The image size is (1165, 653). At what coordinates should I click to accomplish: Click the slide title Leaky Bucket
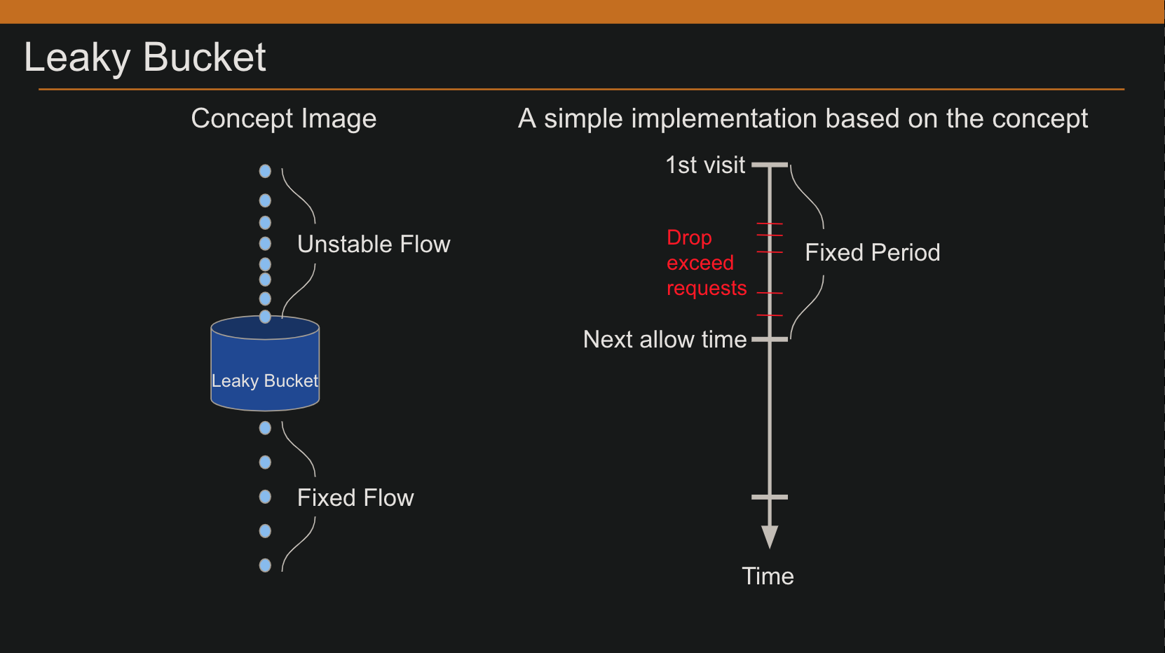click(x=144, y=57)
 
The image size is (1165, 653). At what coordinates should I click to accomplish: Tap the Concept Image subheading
click(x=283, y=118)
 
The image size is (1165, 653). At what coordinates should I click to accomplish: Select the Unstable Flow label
click(x=373, y=244)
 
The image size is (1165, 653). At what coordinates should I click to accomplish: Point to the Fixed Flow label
click(x=355, y=497)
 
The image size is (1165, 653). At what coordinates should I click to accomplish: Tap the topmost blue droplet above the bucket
click(x=265, y=171)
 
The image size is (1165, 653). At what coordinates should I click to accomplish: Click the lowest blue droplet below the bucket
click(x=265, y=565)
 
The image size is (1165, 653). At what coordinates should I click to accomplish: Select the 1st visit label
click(x=704, y=165)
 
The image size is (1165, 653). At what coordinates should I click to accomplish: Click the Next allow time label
click(x=665, y=339)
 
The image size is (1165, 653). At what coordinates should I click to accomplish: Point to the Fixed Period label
click(x=872, y=252)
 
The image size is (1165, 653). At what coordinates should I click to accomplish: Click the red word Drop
click(x=689, y=238)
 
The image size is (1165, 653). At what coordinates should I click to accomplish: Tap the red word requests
click(x=706, y=288)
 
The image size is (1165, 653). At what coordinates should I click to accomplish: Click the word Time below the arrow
click(x=768, y=576)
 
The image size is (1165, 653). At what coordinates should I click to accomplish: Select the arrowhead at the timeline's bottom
click(x=770, y=537)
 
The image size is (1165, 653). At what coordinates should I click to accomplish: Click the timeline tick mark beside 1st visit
click(x=770, y=165)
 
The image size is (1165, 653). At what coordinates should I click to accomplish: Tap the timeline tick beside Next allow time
click(x=770, y=339)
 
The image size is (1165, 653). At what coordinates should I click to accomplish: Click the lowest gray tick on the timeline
click(x=770, y=497)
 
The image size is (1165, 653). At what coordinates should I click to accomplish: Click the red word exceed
click(x=700, y=263)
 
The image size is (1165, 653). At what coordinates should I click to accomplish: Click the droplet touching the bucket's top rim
click(x=265, y=317)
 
